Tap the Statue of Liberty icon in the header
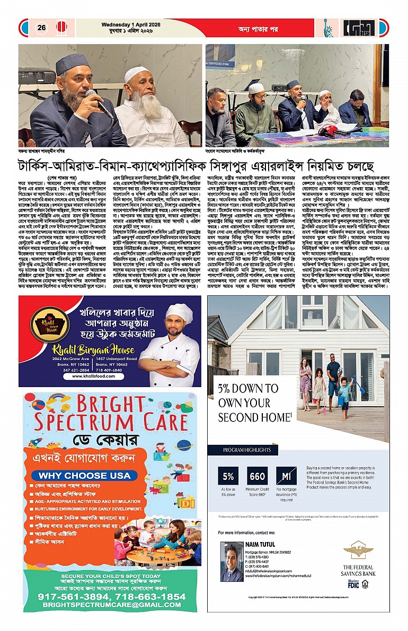point(328,28)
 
